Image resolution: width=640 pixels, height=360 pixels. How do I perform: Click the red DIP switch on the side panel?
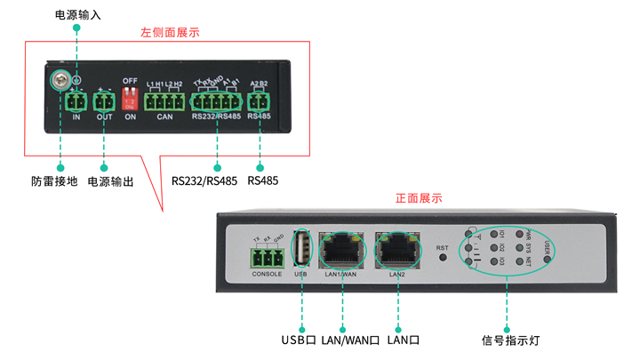[x=130, y=98]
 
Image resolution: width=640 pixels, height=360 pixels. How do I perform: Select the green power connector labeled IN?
[x=76, y=102]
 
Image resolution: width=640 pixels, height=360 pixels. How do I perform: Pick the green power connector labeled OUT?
[x=105, y=102]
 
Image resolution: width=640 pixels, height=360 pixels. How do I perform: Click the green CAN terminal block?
[x=164, y=100]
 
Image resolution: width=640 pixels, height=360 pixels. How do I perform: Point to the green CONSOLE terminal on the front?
[x=267, y=258]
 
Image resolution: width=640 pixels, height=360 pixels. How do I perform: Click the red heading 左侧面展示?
[x=170, y=33]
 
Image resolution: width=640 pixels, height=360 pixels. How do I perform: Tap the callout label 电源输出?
[x=111, y=181]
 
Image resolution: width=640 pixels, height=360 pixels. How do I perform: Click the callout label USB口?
[x=299, y=340]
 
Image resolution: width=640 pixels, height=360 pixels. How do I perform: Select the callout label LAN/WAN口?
[x=350, y=340]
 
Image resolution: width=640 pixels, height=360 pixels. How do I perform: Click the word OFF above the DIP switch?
[x=130, y=80]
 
